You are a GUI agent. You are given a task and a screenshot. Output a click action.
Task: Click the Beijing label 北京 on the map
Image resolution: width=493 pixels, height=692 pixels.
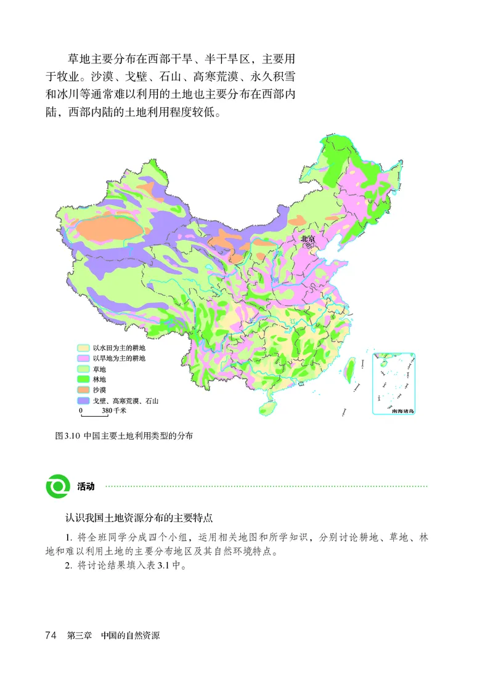pos(308,238)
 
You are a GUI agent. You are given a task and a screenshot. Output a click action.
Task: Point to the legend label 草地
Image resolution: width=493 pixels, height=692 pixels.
pos(99,369)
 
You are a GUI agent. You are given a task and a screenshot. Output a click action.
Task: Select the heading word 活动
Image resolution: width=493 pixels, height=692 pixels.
pos(86,486)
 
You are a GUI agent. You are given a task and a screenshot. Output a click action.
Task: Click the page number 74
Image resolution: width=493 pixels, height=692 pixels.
pos(51,635)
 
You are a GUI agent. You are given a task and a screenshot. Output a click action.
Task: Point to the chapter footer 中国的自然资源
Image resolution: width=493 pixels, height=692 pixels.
pos(130,635)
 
